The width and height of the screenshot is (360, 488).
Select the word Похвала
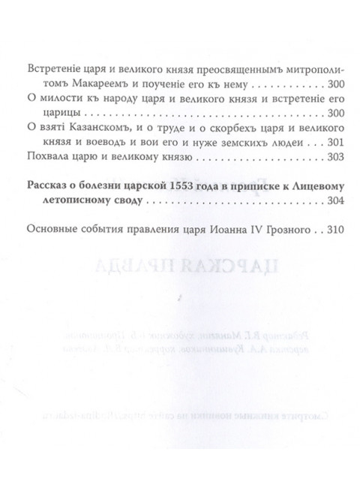pyautogui.click(x=45, y=158)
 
